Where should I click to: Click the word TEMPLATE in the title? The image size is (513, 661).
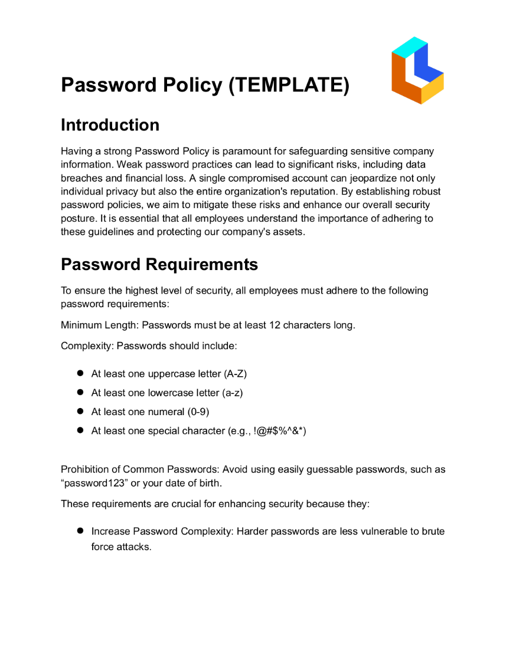point(288,85)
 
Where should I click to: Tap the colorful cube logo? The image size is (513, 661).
point(417,70)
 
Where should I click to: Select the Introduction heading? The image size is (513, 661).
point(110,125)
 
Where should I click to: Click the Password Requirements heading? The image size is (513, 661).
point(159,264)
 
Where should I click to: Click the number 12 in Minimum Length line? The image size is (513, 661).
point(275,325)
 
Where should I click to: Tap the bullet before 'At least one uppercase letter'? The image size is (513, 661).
point(81,373)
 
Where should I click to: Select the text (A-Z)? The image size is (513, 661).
point(235,374)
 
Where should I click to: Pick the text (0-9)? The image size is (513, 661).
point(198,412)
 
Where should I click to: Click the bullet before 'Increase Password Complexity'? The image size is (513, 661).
point(81,531)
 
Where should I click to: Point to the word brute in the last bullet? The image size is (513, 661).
point(433,531)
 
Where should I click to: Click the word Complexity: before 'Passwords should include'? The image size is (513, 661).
point(87,346)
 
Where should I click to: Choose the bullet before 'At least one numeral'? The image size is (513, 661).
point(81,412)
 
